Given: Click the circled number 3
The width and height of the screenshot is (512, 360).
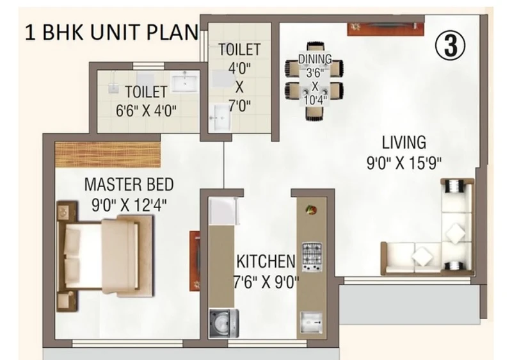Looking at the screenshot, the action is tap(450, 45).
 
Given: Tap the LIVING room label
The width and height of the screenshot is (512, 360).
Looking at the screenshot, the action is tap(404, 143).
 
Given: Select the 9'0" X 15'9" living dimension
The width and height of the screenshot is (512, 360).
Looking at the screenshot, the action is tap(404, 163).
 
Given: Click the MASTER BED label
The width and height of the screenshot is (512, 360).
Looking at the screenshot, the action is tap(129, 184).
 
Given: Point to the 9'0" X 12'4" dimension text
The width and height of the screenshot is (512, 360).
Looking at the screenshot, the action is tap(129, 205).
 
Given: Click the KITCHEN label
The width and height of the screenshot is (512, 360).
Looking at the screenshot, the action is tap(266, 261).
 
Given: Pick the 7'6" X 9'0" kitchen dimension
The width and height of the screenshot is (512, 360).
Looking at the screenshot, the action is tap(266, 282).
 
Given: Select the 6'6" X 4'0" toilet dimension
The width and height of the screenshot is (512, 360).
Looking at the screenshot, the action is tap(146, 111).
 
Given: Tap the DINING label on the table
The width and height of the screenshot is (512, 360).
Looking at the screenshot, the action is tap(315, 59).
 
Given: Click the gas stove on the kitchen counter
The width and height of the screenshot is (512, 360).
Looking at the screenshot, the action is tap(312, 257).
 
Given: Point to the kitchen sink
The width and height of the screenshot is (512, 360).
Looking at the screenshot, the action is tap(311, 323).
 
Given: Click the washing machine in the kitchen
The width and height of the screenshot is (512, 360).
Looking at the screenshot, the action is tap(223, 323).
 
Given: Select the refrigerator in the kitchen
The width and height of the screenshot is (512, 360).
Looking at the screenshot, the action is tap(223, 211).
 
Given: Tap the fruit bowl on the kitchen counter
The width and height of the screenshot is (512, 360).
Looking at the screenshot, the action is tap(311, 209).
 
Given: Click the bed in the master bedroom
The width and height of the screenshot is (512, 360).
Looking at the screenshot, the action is tap(105, 256).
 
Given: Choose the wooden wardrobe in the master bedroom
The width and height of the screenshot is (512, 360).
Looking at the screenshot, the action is tap(108, 154).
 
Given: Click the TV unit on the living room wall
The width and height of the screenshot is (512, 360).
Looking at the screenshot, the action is tap(386, 29).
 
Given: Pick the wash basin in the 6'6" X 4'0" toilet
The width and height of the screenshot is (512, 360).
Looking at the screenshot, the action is tap(185, 82).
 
